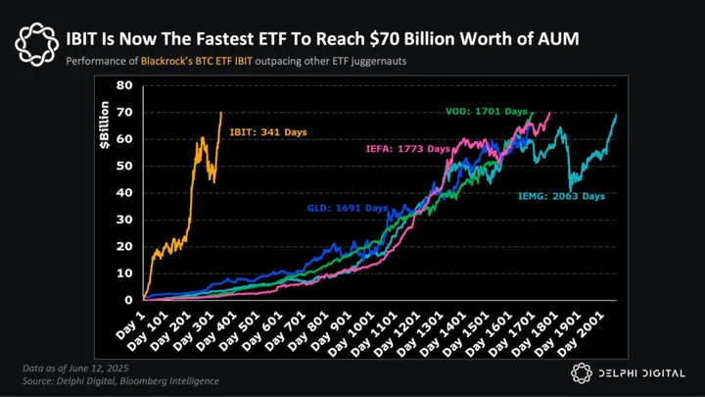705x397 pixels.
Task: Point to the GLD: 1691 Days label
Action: click(347, 209)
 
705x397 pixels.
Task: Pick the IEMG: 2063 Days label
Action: click(561, 196)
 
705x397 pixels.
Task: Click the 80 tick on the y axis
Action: click(125, 85)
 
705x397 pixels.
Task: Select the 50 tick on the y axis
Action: click(125, 166)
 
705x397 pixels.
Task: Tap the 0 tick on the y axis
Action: click(129, 300)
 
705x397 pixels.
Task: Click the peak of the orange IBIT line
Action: click(220, 113)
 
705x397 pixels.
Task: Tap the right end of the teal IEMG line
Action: click(617, 115)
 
